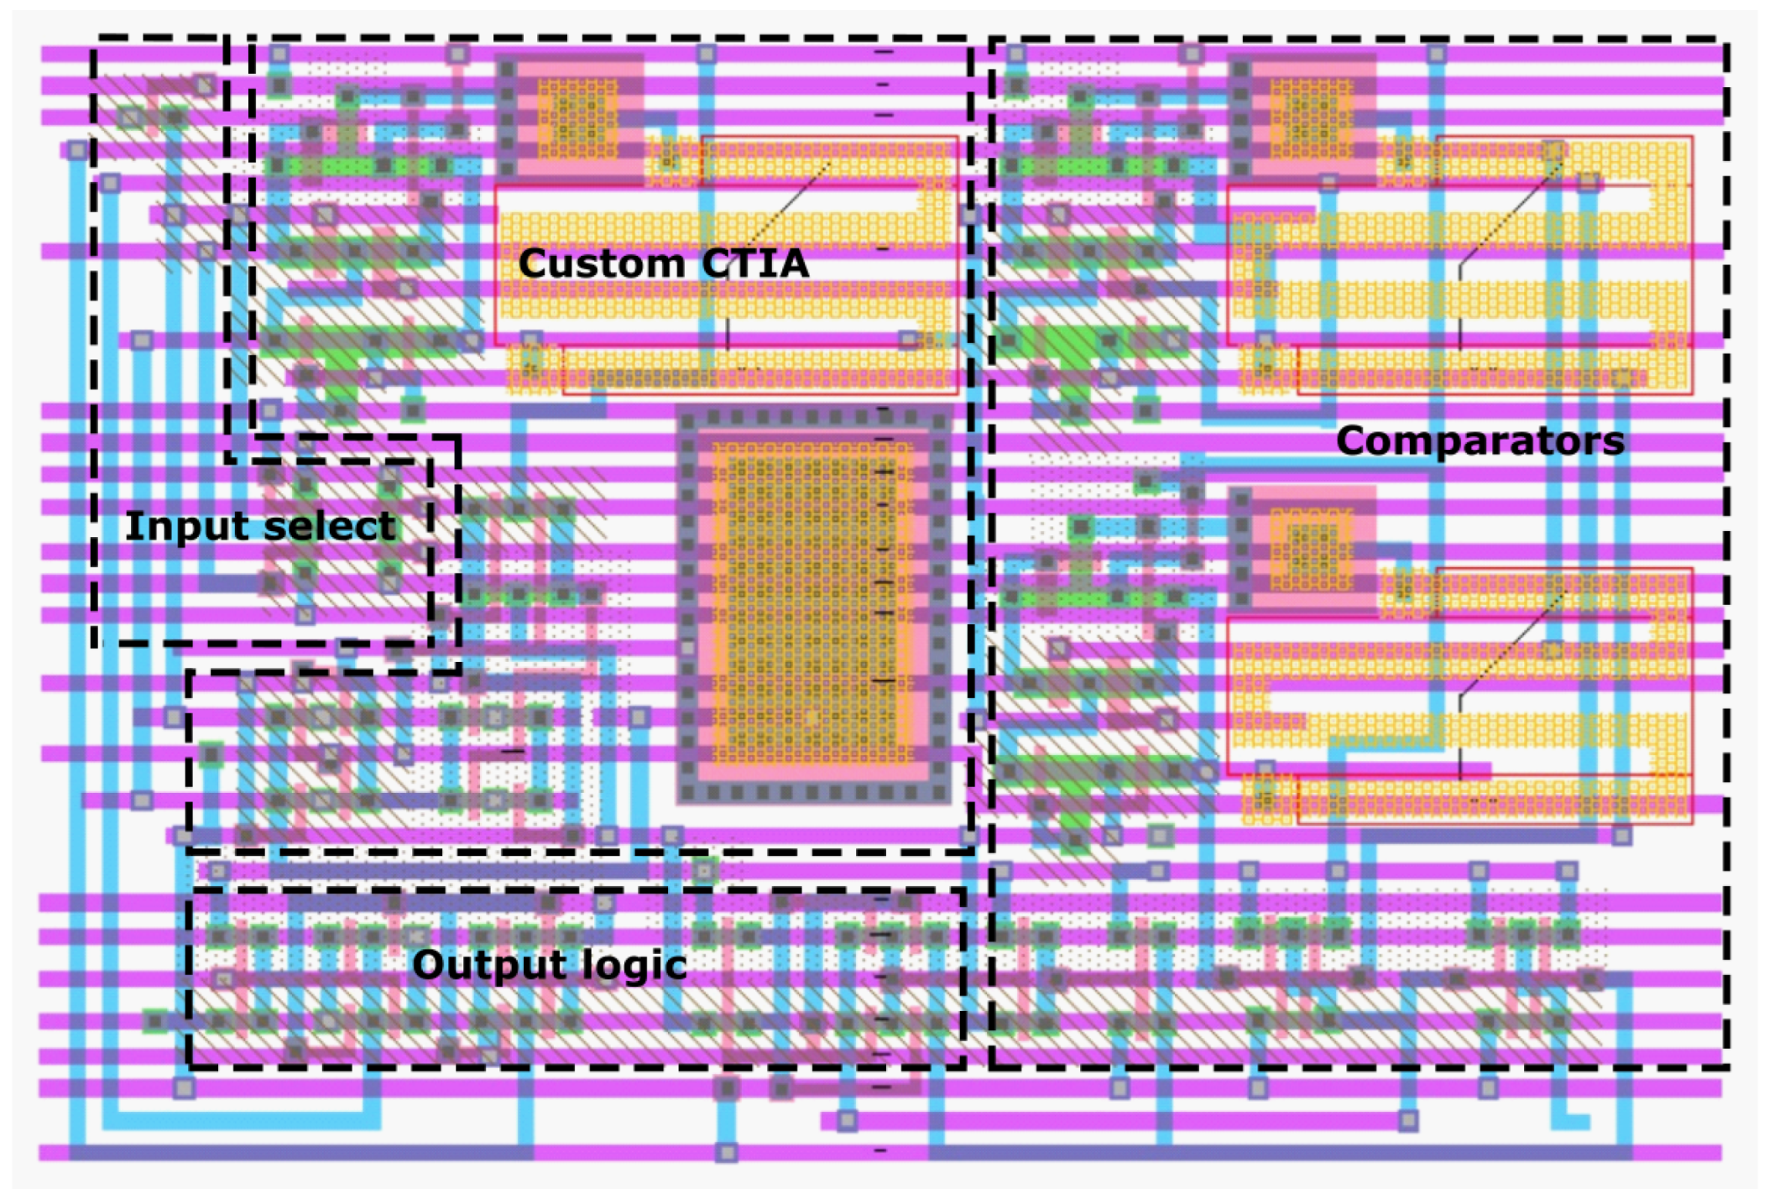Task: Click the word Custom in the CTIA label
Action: (x=601, y=263)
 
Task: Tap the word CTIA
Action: (x=754, y=263)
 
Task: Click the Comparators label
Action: (x=1479, y=441)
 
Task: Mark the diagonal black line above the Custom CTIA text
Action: (x=789, y=206)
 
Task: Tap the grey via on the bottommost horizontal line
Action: (x=727, y=1153)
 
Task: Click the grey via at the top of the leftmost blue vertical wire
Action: (x=77, y=151)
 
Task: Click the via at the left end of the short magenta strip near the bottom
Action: (x=847, y=1120)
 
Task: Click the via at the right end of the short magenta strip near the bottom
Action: (x=1408, y=1120)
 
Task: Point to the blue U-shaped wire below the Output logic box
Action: (x=243, y=1120)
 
